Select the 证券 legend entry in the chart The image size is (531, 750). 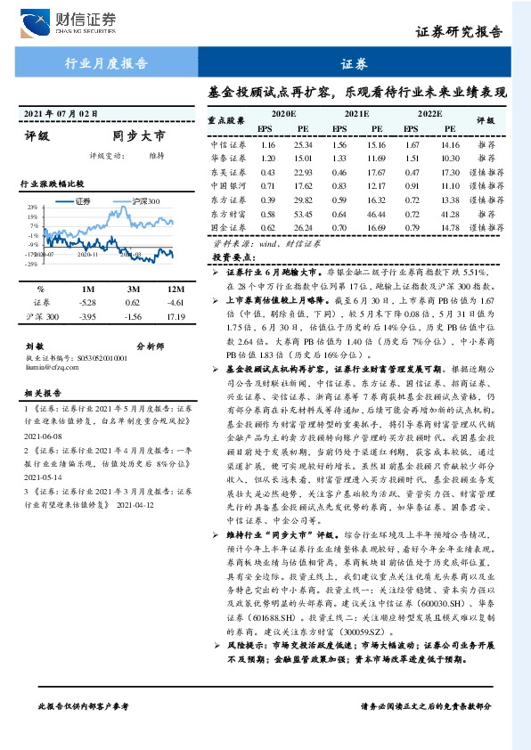[x=82, y=200]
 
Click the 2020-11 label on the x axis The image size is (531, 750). [x=88, y=254]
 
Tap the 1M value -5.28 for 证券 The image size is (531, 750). [x=87, y=303]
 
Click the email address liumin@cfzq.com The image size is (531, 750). [x=52, y=363]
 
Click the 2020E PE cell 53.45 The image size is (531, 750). [x=304, y=215]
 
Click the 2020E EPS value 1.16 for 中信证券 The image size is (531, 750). [x=268, y=143]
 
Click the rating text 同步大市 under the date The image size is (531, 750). [x=139, y=136]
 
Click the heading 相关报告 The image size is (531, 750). [x=42, y=391]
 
